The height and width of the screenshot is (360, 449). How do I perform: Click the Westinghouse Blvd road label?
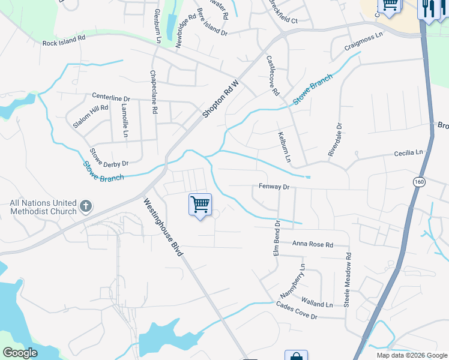click(163, 228)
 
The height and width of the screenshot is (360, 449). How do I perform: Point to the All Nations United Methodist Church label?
click(43, 208)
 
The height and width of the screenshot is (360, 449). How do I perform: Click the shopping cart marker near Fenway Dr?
click(200, 204)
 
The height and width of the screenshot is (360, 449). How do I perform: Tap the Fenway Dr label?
click(274, 187)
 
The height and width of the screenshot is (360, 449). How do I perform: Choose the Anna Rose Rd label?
click(312, 244)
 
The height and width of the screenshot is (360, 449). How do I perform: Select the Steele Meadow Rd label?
click(347, 280)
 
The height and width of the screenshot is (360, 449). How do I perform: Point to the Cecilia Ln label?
click(409, 154)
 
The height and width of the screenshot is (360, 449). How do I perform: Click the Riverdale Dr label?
click(334, 140)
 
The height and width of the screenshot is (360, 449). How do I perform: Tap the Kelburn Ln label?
click(284, 147)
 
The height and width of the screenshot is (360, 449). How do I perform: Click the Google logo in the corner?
click(20, 353)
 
